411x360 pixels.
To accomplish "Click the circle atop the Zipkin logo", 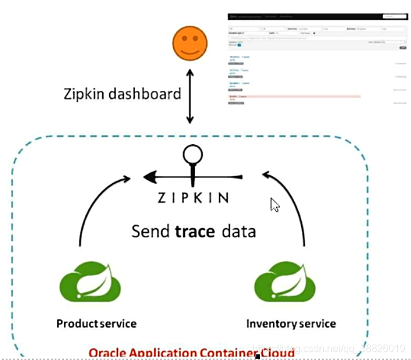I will (x=192, y=154).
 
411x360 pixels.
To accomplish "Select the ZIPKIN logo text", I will (x=192, y=198).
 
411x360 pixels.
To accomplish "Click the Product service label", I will (x=96, y=324).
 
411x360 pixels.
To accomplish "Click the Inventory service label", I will (x=291, y=324).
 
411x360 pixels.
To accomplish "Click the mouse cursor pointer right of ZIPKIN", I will (x=274, y=204).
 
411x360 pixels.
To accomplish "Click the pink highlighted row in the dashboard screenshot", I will (x=295, y=97).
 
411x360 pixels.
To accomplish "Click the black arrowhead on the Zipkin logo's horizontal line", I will (x=151, y=177).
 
